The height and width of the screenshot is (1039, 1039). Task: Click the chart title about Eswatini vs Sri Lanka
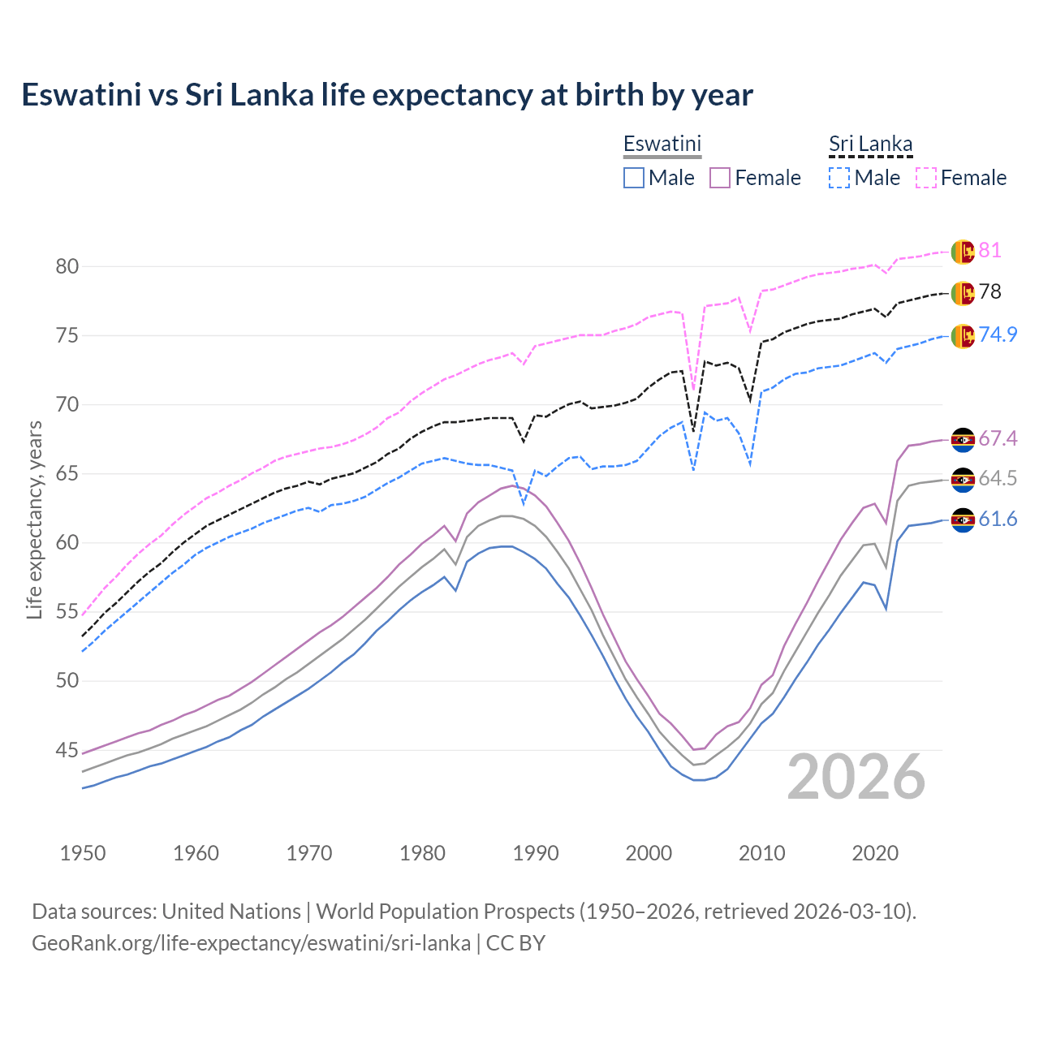(x=387, y=95)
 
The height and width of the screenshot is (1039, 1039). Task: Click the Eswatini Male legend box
(x=634, y=178)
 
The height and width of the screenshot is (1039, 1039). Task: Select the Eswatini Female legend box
(x=721, y=178)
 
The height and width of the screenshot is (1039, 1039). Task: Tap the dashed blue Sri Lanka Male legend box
(x=839, y=178)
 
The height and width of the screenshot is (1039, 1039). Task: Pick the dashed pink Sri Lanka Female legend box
(x=926, y=178)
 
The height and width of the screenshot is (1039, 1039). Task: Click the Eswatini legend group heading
(x=662, y=144)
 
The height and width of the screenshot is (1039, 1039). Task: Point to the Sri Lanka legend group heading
(x=870, y=144)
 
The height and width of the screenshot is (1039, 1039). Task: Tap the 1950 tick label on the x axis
(x=83, y=853)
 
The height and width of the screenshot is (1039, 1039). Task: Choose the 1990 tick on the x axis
(x=536, y=853)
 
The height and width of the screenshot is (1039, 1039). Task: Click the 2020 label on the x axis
(x=875, y=853)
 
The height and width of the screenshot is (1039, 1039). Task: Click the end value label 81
(x=989, y=250)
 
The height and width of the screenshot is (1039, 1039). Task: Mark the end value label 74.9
(x=998, y=334)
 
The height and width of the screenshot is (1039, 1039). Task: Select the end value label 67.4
(x=998, y=438)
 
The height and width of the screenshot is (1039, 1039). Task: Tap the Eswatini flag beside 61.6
(x=963, y=520)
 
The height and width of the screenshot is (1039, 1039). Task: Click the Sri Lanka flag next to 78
(x=963, y=293)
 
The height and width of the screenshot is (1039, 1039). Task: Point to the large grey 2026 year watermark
(x=856, y=777)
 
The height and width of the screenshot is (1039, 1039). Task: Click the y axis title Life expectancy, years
(x=34, y=519)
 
